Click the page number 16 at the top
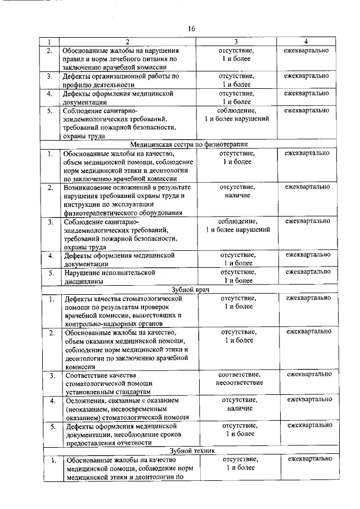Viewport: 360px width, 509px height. pos(191,29)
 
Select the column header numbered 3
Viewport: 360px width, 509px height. pos(236,42)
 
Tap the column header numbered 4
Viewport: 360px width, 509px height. pos(306,42)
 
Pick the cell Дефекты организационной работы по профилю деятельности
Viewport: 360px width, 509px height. pos(120,79)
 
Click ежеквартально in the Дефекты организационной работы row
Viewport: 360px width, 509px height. pos(307,75)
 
